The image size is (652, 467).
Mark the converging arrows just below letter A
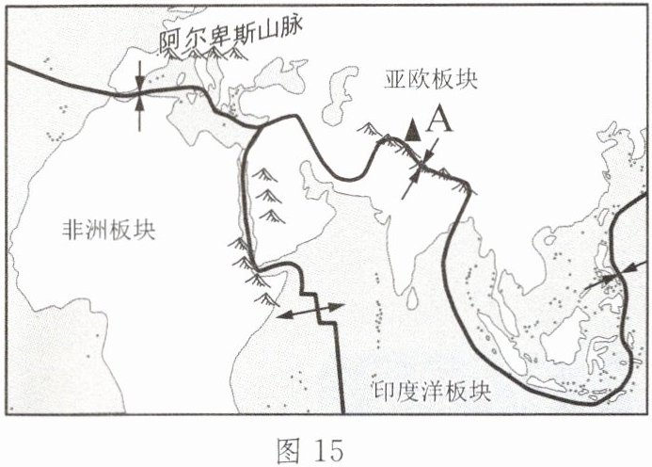click(x=421, y=168)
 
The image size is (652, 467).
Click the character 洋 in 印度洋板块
click(x=441, y=390)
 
